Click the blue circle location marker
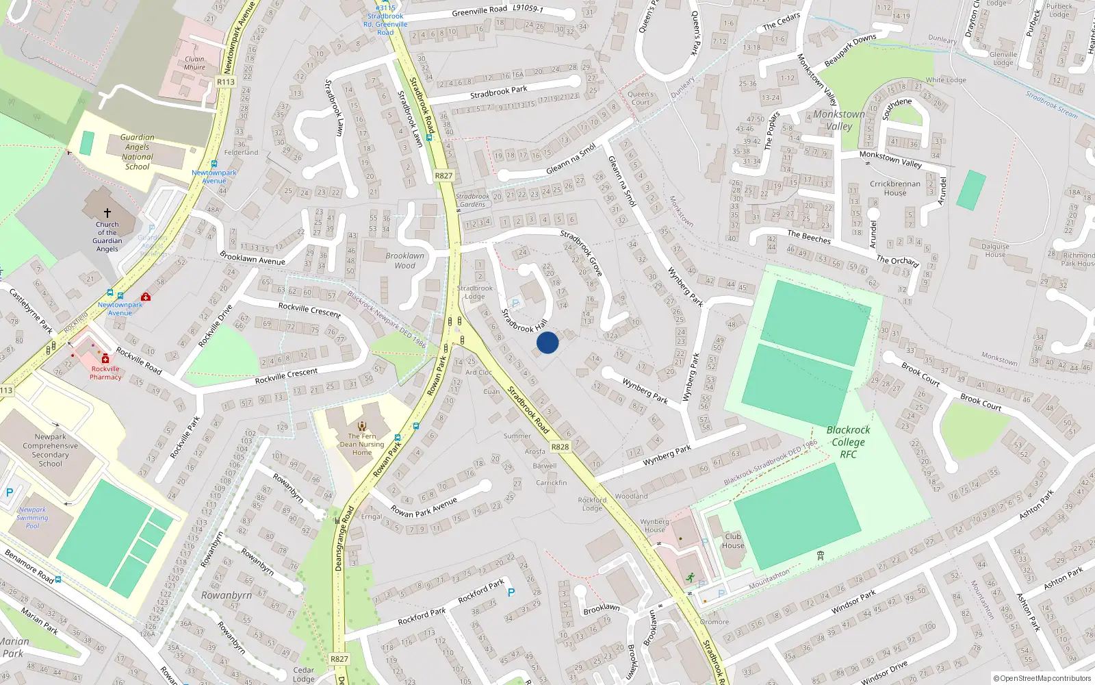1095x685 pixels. coord(547,342)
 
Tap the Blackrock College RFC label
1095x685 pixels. coord(848,442)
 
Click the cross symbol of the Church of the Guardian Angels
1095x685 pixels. coord(107,213)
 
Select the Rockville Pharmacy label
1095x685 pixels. coord(105,373)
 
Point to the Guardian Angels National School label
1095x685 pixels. coord(138,152)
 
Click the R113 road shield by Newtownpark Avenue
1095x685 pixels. coord(226,82)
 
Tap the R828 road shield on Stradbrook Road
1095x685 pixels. coord(560,447)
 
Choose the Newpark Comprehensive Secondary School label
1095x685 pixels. coord(50,450)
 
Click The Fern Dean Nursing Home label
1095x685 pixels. coord(362,444)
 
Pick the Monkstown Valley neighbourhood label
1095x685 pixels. coord(839,120)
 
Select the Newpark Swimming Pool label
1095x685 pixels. coord(32,517)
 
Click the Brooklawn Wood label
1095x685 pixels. coord(404,260)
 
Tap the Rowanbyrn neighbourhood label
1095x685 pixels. coord(227,595)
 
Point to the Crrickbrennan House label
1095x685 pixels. coord(894,188)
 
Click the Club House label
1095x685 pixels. coord(733,541)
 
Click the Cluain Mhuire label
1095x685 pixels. coord(194,63)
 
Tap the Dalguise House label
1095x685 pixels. coord(995,250)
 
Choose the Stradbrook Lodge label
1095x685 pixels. coord(475,292)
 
